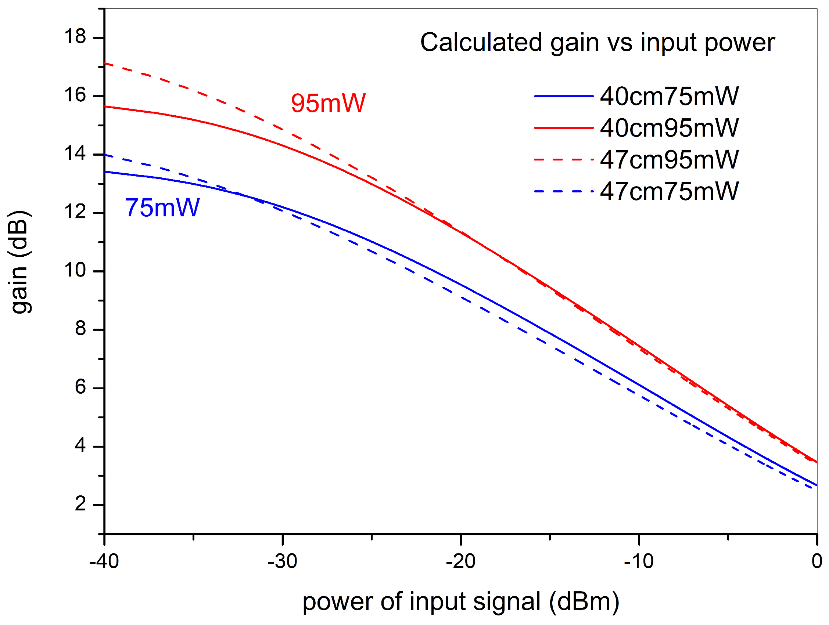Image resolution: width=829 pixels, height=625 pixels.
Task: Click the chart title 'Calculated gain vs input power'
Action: pos(597,42)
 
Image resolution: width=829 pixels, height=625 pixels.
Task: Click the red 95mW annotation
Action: pos(328,103)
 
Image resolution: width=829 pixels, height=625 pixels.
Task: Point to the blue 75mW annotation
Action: pos(162,208)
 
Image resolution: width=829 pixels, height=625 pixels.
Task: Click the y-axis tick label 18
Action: pos(75,37)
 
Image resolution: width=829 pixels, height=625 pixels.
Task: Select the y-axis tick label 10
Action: pos(75,270)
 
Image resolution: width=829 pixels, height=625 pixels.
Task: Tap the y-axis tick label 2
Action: pos(80,504)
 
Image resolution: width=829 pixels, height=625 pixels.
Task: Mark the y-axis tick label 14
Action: pos(75,154)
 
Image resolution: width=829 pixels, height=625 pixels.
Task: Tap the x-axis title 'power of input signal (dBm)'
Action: pos(460,602)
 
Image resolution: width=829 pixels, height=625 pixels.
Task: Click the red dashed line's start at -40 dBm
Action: pos(105,64)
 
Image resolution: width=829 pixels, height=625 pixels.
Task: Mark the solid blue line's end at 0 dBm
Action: pos(816,485)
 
